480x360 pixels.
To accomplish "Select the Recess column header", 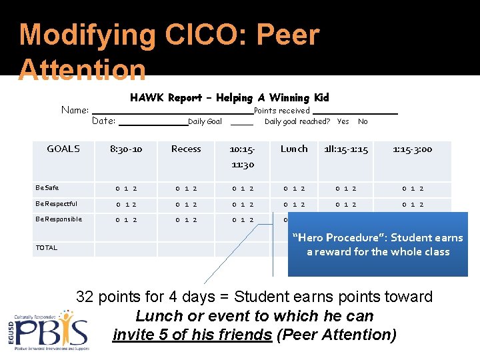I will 186,149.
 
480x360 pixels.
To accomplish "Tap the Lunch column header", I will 294,149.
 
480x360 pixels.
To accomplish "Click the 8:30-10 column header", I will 126,149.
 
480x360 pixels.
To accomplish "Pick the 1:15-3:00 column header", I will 412,149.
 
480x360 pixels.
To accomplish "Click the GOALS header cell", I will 63,149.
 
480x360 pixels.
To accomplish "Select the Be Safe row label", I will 47,188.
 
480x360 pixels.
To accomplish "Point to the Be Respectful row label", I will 56,203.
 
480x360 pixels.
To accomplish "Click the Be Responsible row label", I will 59,219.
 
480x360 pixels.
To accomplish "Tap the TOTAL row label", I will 47,247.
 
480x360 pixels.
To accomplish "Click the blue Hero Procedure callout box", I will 377,244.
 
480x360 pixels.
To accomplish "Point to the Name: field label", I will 75,110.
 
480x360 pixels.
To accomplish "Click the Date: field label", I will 103,121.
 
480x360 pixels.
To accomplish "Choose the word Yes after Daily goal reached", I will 343,121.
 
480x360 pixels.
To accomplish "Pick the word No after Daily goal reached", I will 363,121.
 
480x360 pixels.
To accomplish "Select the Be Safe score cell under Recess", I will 186,189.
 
